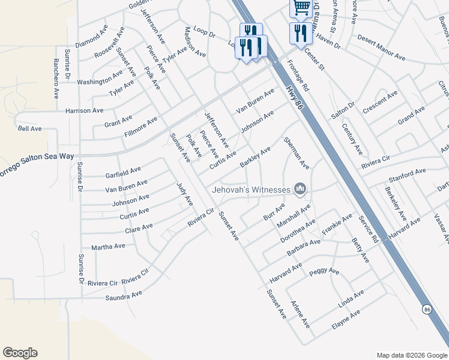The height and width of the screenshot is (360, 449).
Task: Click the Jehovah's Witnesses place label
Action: (x=250, y=190)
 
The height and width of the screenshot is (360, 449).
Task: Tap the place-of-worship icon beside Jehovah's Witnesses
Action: (x=300, y=190)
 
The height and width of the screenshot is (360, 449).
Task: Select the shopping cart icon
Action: (x=300, y=7)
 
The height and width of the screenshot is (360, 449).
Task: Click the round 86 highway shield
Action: (x=427, y=309)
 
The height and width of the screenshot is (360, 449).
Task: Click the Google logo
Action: (x=20, y=353)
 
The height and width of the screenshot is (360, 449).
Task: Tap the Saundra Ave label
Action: (x=124, y=295)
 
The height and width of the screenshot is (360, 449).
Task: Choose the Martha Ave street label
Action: (x=108, y=247)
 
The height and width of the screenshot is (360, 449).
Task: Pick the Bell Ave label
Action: (x=29, y=128)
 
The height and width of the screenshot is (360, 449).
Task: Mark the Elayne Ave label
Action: (x=346, y=321)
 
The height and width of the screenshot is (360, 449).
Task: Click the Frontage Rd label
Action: (x=298, y=75)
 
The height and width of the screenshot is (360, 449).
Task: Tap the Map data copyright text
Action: (x=411, y=355)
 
